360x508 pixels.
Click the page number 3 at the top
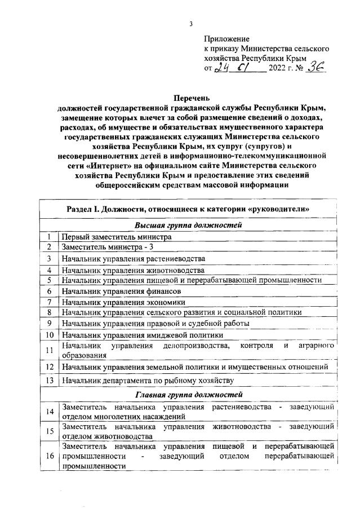(191, 24)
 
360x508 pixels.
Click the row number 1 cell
(50, 237)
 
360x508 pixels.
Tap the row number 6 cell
(50, 291)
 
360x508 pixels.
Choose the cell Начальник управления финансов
(121, 291)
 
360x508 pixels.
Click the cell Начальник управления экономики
(123, 302)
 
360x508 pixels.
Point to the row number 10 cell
(50, 335)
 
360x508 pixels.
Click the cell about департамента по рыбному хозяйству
(144, 381)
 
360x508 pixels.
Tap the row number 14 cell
(50, 411)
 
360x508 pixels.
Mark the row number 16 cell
(50, 456)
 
